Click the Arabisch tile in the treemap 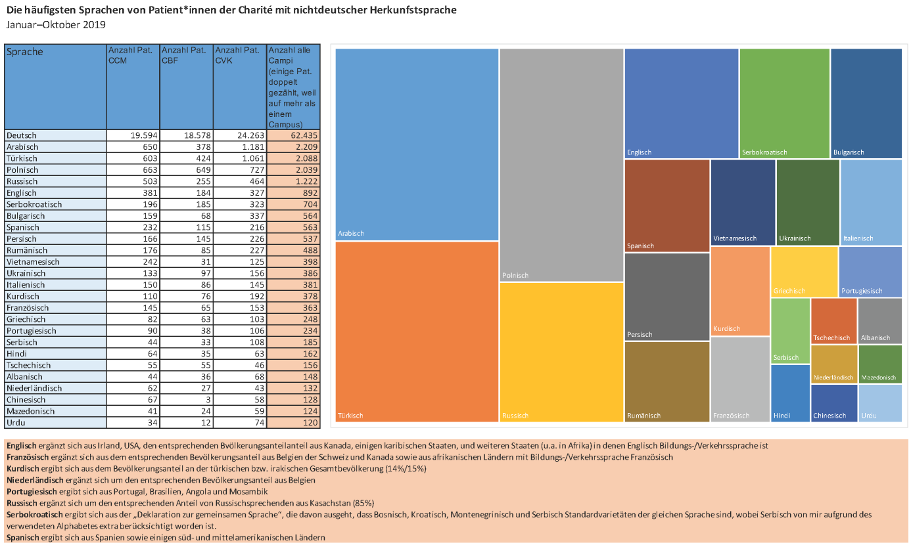[417, 144]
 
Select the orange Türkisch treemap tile [417, 332]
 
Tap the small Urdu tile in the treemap [880, 403]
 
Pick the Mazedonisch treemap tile [880, 364]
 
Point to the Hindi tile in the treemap [790, 393]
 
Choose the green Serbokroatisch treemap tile [784, 103]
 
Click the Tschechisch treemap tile [833, 320]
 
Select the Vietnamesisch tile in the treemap [743, 202]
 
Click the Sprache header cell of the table [55, 87]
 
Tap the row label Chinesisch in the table [26, 400]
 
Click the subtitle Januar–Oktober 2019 [56, 25]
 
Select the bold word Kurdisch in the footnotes [23, 469]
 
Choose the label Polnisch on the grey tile [515, 276]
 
